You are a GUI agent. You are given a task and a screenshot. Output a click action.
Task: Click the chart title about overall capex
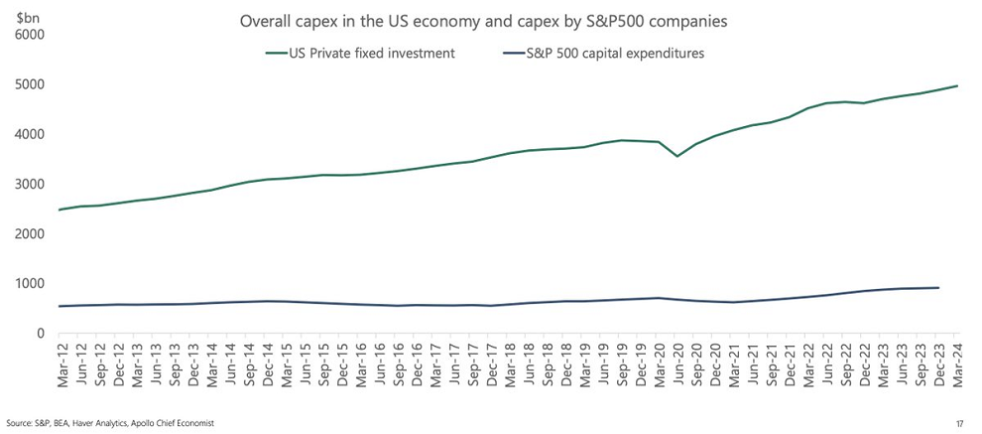(x=489, y=19)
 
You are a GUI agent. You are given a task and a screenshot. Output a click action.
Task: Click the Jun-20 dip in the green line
(x=677, y=156)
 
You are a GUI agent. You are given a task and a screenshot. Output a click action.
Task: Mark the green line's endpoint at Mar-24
(x=957, y=85)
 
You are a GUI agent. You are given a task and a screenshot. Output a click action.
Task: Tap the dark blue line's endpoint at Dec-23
(x=938, y=288)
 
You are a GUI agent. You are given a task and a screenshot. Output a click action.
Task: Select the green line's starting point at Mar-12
(x=61, y=210)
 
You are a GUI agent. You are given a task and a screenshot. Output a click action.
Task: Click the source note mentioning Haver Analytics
(x=110, y=424)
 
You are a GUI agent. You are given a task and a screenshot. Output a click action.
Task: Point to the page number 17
(x=959, y=424)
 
